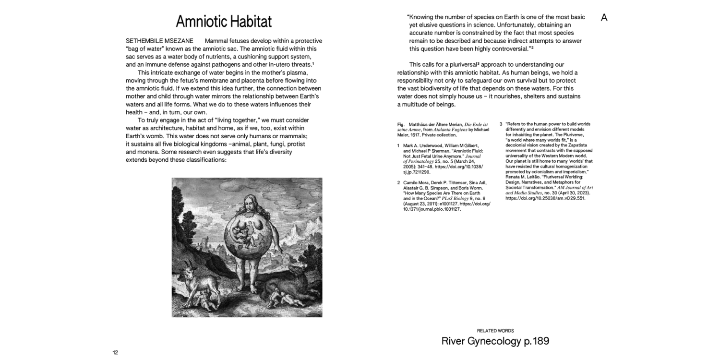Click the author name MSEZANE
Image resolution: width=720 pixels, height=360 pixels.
pyautogui.click(x=178, y=41)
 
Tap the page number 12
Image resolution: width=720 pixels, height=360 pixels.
pyautogui.click(x=115, y=352)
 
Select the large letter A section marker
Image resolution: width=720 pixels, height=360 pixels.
pyautogui.click(x=604, y=18)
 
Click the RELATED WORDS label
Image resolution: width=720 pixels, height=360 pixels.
pyautogui.click(x=495, y=331)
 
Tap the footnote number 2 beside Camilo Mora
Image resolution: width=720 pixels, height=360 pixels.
pyautogui.click(x=399, y=183)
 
